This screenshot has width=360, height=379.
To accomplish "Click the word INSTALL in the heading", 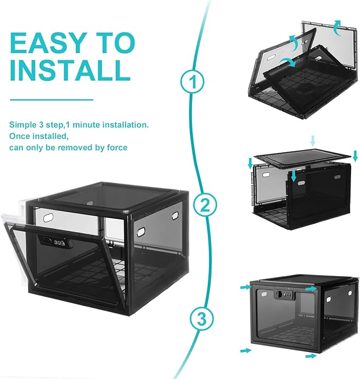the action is coord(70,70).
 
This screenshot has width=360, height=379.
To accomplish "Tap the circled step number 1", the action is coord(192,82).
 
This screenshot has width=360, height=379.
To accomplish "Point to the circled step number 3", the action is coord(202,319).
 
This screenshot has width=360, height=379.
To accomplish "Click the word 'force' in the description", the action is coord(117,147).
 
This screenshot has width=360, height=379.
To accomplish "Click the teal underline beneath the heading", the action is coord(51,100).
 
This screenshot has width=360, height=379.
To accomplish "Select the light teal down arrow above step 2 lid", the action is coord(313,141).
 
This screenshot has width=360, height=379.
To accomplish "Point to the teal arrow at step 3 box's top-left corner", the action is coord(246,287).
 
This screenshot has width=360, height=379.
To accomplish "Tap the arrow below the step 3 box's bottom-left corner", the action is coord(246,350).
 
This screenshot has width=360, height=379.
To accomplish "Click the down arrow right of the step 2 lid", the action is coord(355,156).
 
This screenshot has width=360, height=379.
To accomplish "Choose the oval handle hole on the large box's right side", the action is coord(141,232).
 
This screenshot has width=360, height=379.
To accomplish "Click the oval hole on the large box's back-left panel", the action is coord(48,217).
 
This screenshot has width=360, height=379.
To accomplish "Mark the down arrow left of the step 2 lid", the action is coord(250,164).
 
